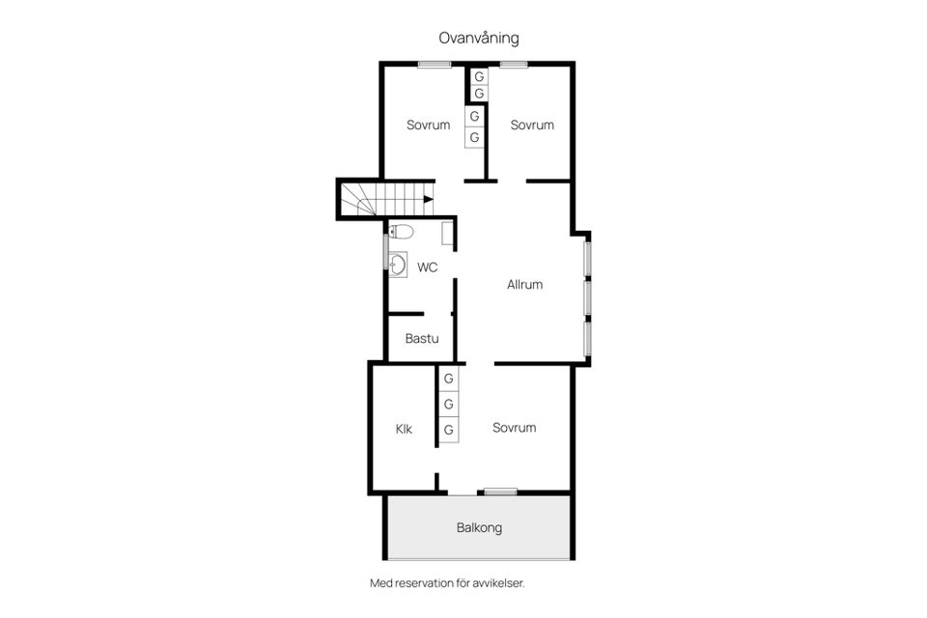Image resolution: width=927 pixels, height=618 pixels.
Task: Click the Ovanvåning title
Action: [x=479, y=39]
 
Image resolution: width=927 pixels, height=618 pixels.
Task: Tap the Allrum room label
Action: [x=524, y=285]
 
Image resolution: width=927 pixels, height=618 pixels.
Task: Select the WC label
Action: [x=428, y=267]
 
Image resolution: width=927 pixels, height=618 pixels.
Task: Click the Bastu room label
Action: [x=422, y=339]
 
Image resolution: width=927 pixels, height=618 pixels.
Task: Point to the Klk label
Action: [x=404, y=429]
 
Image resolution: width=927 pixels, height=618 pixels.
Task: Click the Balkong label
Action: [x=479, y=528]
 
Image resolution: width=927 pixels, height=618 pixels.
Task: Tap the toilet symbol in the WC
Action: [x=402, y=232]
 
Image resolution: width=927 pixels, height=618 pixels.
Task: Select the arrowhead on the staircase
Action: [x=428, y=199]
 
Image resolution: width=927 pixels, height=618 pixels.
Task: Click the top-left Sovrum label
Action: [x=428, y=125]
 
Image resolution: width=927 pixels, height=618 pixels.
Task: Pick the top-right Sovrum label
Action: [x=532, y=125]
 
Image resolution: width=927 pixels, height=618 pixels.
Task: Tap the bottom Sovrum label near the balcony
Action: [x=514, y=428]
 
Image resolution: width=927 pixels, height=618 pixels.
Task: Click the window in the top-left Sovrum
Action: [x=435, y=65]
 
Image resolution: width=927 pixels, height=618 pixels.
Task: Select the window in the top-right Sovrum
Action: [x=514, y=65]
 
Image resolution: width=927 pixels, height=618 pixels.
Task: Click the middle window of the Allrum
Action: [x=586, y=296]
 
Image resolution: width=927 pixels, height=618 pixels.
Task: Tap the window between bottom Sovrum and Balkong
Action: [x=500, y=492]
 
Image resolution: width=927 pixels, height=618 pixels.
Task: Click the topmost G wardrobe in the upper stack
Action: [x=479, y=75]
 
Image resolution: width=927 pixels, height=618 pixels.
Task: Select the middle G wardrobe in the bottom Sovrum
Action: [x=449, y=405]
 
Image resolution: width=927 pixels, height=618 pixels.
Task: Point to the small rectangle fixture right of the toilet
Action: [x=447, y=234]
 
